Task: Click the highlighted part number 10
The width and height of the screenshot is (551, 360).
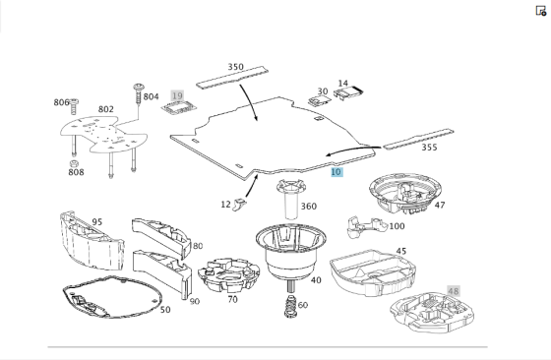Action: point(337,172)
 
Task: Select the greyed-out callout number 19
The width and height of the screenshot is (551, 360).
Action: point(177,95)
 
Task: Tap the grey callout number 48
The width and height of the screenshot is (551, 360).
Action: point(453,291)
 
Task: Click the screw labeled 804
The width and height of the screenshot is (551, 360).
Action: point(139,93)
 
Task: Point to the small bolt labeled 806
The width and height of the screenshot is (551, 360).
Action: point(74,106)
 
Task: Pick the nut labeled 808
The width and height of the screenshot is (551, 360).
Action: point(74,163)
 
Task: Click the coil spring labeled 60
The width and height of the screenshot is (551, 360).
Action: point(291,306)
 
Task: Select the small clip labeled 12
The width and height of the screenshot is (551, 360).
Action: point(239,204)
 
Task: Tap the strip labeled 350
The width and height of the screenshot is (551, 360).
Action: point(232,78)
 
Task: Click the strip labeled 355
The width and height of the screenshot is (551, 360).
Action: point(418,139)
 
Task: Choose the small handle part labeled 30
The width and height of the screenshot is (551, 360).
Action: point(320,100)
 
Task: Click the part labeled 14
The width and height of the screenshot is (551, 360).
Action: point(348,93)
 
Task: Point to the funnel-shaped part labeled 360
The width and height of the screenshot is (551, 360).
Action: point(290,199)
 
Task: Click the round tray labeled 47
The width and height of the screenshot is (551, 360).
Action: point(404,193)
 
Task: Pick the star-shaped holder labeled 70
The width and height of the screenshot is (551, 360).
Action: point(228,275)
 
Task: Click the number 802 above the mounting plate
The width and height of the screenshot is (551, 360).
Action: point(106,109)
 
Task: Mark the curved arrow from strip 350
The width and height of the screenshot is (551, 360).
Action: point(251,102)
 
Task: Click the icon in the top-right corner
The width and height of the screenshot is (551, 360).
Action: point(541,11)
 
